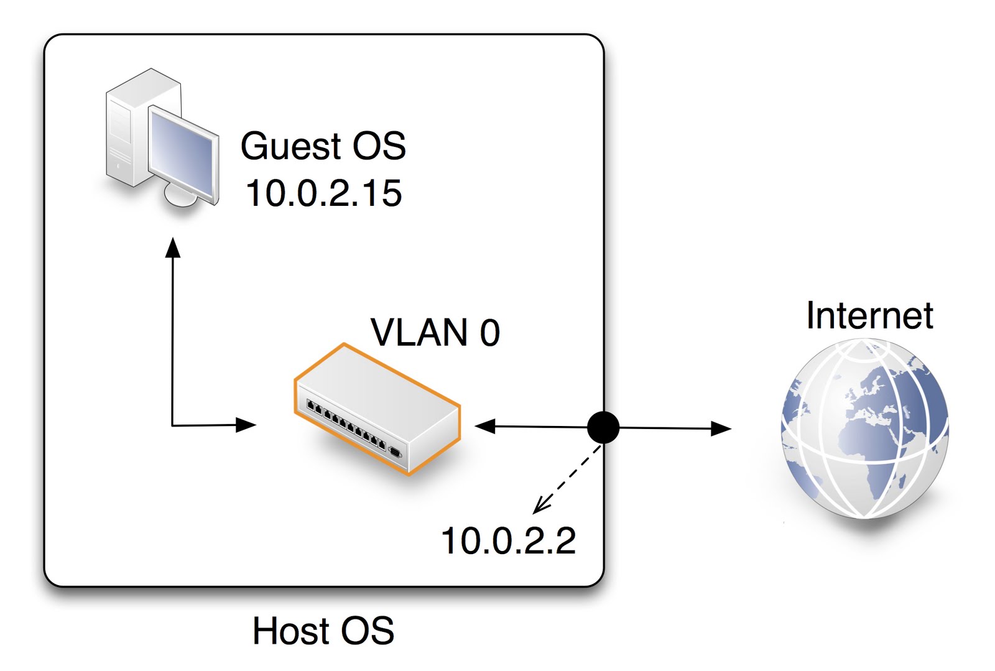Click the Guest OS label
(x=323, y=147)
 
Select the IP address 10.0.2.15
(x=323, y=193)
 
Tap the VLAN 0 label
(x=435, y=332)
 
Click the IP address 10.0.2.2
(x=508, y=540)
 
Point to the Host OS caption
(x=323, y=631)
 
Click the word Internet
(x=869, y=315)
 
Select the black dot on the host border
(x=603, y=427)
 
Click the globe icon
(x=864, y=429)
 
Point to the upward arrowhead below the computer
(x=173, y=248)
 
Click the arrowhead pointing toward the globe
(x=721, y=428)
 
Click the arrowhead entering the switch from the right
(x=485, y=426)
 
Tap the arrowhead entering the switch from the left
(x=246, y=425)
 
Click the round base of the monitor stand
(x=180, y=196)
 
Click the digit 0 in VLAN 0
(x=489, y=333)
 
